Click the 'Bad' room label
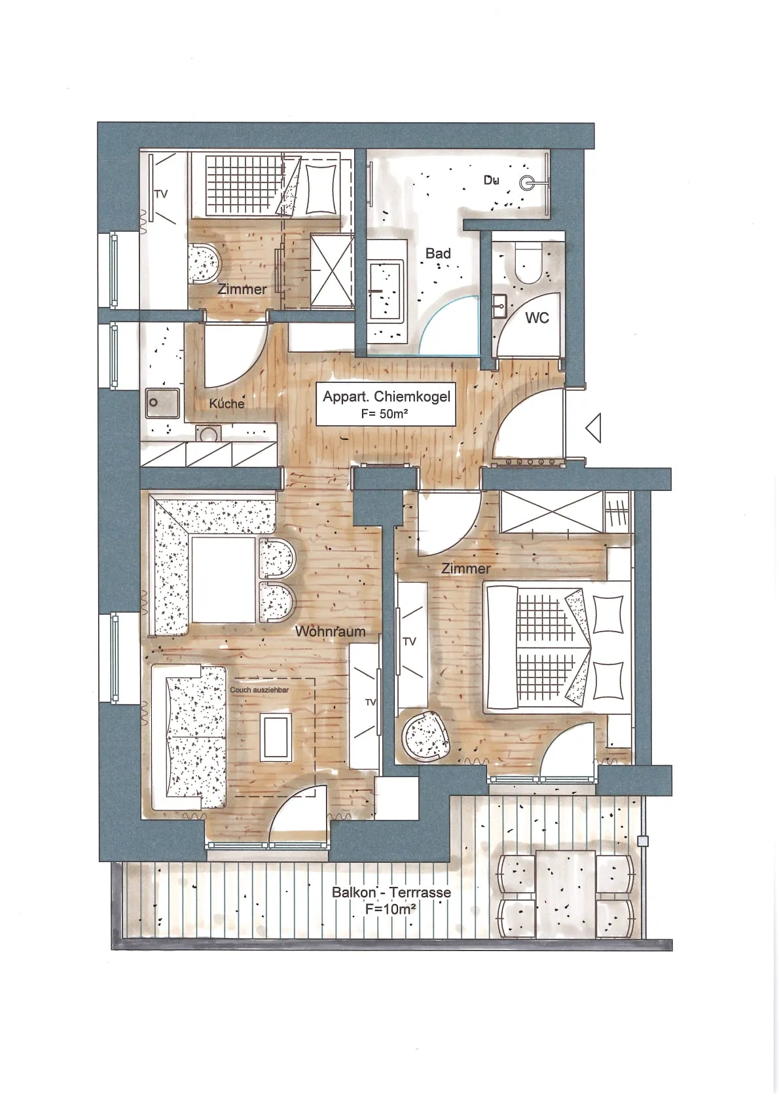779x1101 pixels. click(437, 253)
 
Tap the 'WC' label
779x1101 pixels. click(537, 318)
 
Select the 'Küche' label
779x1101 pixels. click(226, 403)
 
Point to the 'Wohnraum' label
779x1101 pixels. click(331, 632)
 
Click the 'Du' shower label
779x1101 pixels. click(492, 180)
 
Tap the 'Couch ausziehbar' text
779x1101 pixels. click(259, 690)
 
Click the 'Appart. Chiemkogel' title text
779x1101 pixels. click(386, 397)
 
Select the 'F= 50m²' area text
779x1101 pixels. click(384, 414)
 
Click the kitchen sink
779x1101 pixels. click(162, 403)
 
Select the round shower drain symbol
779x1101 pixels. click(528, 183)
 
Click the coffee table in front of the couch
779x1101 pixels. click(275, 737)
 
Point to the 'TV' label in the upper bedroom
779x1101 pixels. click(161, 194)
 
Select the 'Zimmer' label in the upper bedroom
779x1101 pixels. click(242, 289)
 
